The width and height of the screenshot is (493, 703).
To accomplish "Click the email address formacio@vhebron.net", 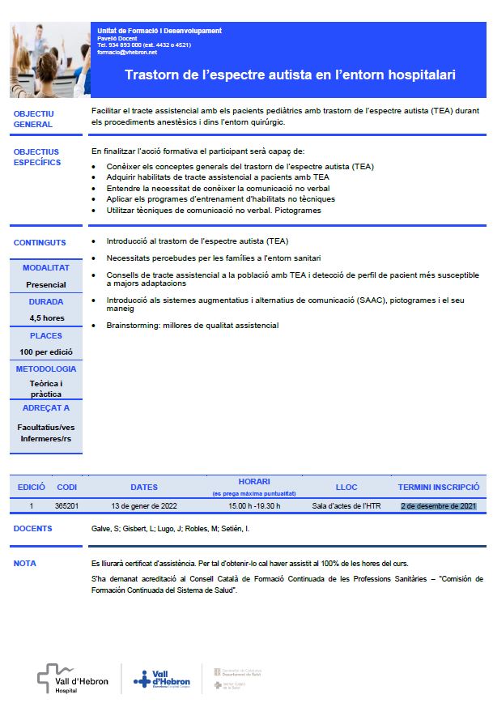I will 127,52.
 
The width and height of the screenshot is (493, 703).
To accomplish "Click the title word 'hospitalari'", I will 416,75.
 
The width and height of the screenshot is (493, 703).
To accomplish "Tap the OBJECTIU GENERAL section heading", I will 34,119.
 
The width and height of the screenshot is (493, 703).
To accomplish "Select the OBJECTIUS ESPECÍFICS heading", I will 37,157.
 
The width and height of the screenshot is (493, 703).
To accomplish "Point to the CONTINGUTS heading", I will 40,242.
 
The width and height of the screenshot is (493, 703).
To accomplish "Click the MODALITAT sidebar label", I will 46,267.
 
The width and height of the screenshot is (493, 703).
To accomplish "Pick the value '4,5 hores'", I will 46,318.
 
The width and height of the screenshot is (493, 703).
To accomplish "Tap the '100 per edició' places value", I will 46,352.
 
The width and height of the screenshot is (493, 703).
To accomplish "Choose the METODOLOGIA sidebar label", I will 46,369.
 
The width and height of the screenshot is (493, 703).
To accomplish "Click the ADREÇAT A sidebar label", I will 46,408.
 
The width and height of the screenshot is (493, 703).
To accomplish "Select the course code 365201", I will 66,505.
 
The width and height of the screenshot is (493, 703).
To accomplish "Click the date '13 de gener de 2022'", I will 143,505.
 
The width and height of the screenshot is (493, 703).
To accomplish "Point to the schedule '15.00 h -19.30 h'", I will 253,505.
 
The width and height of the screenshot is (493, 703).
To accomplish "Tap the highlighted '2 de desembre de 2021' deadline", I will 439,505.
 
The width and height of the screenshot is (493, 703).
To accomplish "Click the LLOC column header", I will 346,488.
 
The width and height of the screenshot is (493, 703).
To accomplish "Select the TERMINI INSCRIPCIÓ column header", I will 439,488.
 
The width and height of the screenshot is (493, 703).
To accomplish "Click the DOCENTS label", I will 33,529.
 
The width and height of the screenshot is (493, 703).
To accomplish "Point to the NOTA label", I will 25,563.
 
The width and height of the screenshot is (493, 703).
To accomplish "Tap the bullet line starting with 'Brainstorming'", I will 192,326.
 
